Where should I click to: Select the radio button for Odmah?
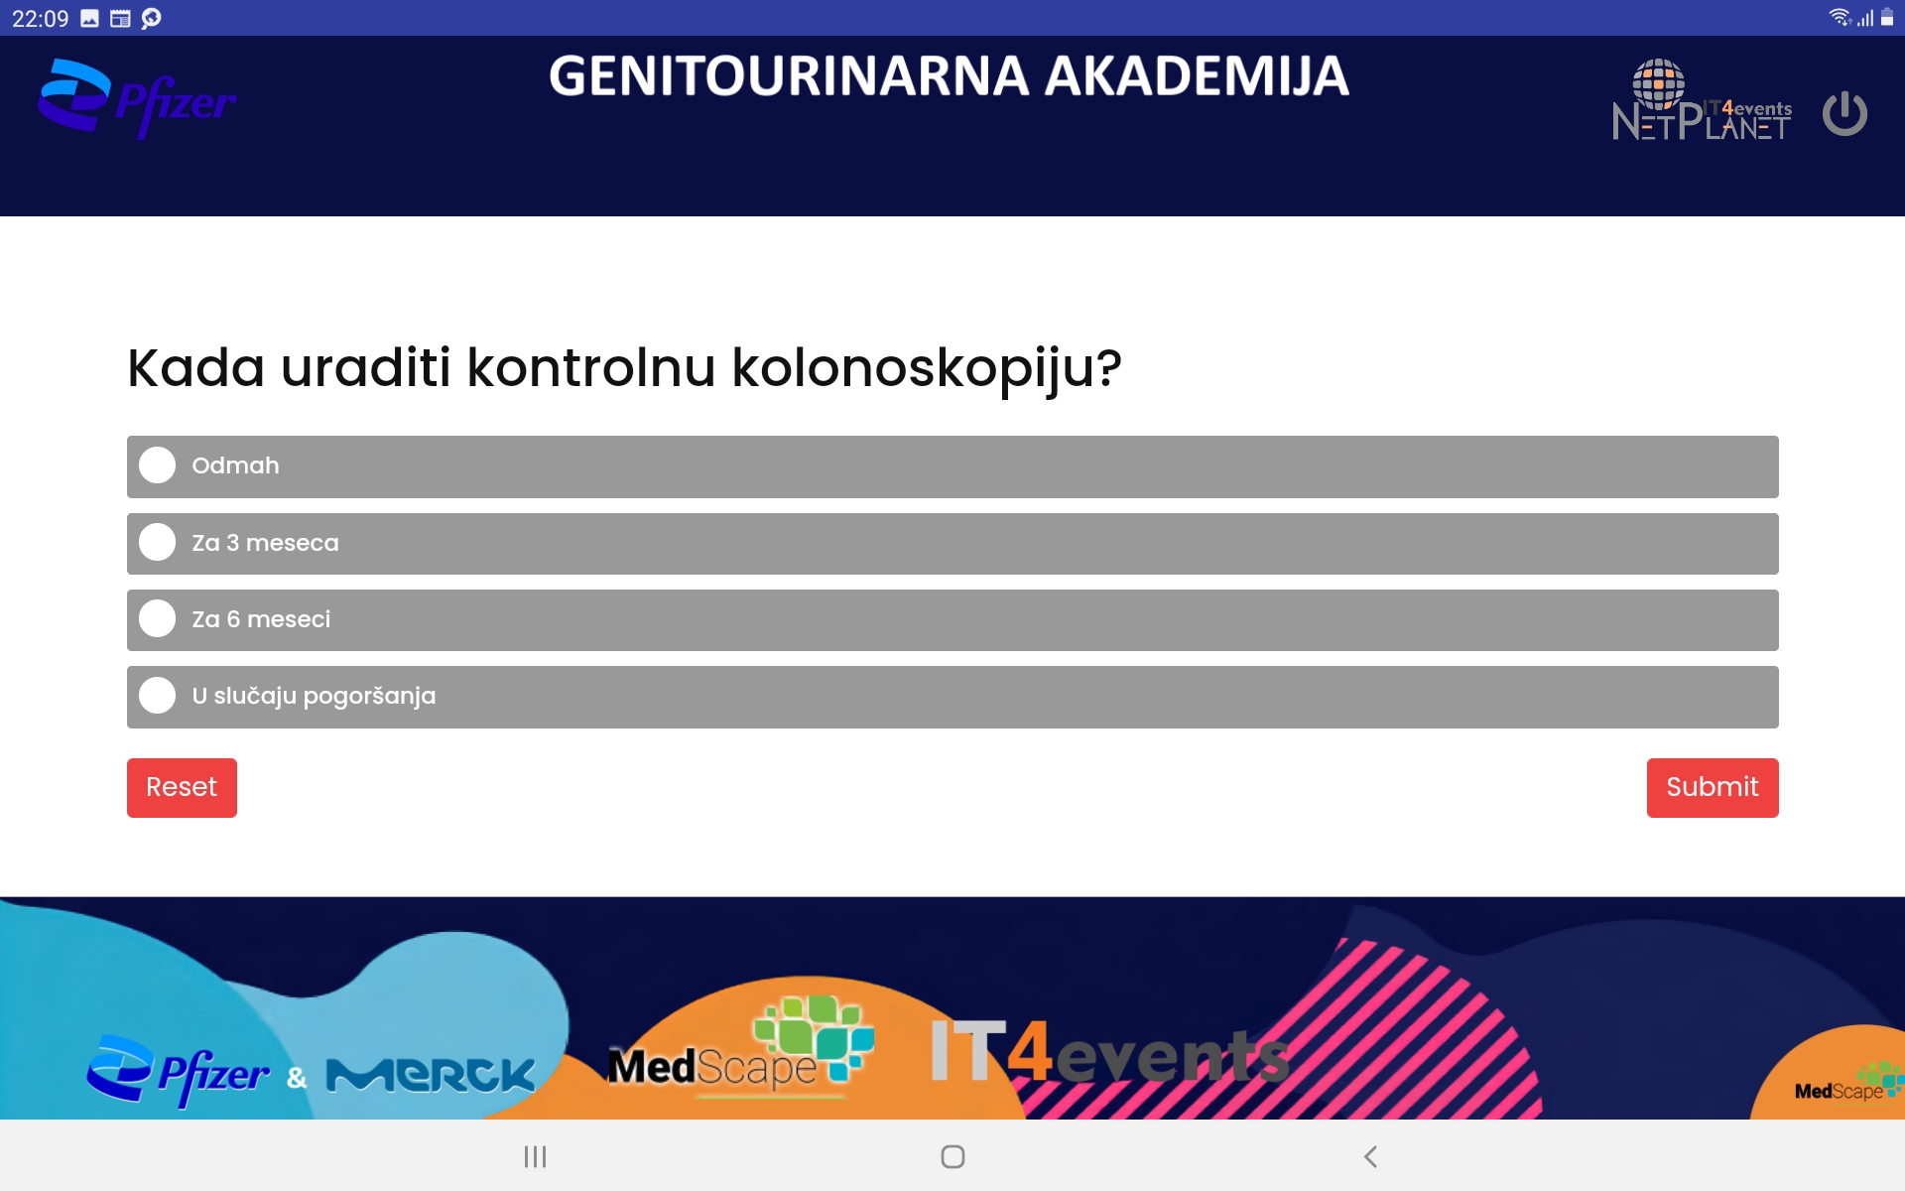pos(157,465)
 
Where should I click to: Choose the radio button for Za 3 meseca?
pos(157,542)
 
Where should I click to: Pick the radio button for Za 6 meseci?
pos(157,618)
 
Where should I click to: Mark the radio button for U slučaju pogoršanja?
pos(157,695)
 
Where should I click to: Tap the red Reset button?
pos(182,787)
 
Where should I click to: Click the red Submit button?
pos(1713,787)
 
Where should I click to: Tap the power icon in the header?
pos(1845,113)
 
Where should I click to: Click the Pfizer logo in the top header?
pos(137,98)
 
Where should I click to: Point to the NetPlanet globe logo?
pos(1702,100)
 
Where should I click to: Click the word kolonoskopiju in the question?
pos(927,369)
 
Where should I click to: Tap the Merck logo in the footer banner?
pos(431,1075)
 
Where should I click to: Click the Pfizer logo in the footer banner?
pos(178,1071)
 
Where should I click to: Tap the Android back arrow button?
pos(1370,1156)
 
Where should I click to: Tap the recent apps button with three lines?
pos(536,1156)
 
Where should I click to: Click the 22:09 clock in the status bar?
pos(41,18)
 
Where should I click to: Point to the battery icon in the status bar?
pos(1887,17)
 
